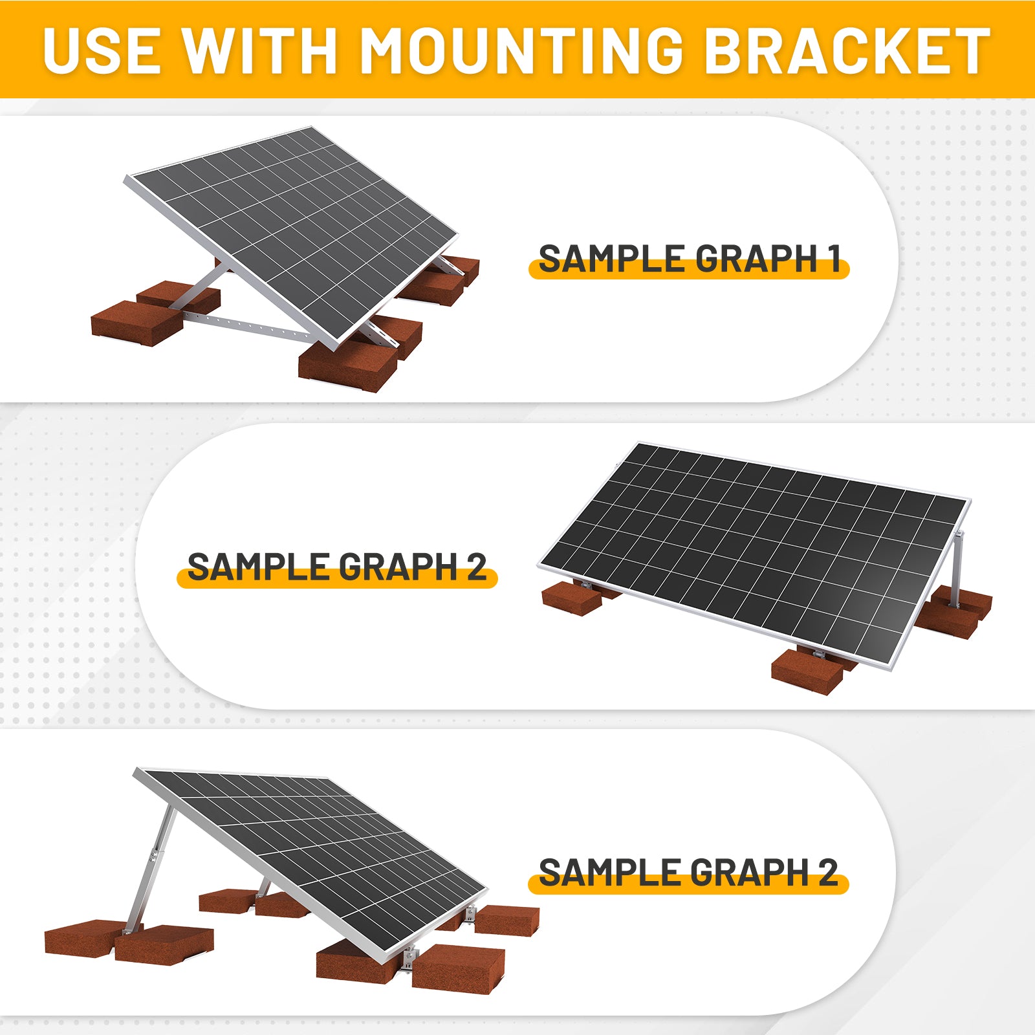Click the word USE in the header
click(x=102, y=50)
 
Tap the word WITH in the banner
click(x=259, y=50)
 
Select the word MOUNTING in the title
click(x=521, y=50)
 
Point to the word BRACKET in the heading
click(x=847, y=50)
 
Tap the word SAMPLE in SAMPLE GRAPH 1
click(x=612, y=259)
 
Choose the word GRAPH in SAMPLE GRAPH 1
click(x=756, y=259)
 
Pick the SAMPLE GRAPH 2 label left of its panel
click(x=337, y=567)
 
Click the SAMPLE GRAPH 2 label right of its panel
click(x=688, y=873)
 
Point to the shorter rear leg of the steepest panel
click(x=264, y=886)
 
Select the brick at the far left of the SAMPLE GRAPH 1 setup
click(x=136, y=323)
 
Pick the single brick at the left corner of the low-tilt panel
click(x=572, y=598)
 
